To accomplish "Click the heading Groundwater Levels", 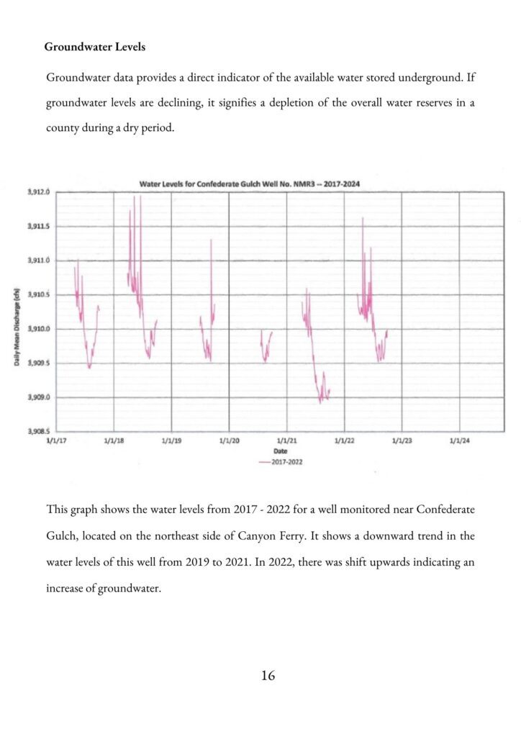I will [94, 47].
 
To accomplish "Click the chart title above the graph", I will [249, 184].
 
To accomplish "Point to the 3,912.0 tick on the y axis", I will [40, 192].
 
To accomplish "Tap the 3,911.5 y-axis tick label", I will [40, 226].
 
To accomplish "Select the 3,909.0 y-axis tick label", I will [40, 397].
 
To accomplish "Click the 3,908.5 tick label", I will [40, 432].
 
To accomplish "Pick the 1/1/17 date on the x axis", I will [55, 440].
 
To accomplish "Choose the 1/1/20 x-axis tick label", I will [229, 440].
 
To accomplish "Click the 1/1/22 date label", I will [344, 440].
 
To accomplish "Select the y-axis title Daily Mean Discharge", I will [16, 327].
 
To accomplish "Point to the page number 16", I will [268, 675].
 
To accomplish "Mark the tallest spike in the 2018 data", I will [140, 196].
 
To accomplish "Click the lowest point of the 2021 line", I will [320, 402].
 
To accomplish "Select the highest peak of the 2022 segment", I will [363, 217].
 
